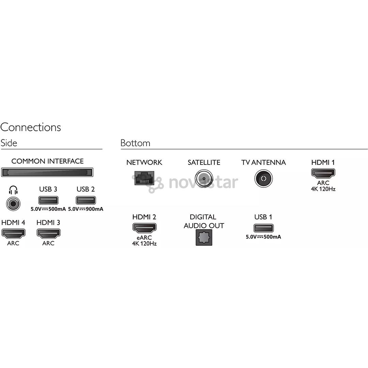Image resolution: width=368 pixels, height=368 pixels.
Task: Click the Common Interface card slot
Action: click(47, 172)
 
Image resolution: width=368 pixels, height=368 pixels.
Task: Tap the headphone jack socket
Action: click(13, 204)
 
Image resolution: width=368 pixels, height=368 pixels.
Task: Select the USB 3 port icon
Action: click(48, 200)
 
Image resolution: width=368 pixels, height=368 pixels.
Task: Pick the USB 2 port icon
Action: click(86, 200)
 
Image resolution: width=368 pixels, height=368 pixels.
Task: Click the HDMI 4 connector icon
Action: click(13, 233)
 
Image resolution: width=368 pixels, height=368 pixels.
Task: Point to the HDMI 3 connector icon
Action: click(49, 233)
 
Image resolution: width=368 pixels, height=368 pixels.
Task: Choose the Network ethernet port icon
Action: click(144, 178)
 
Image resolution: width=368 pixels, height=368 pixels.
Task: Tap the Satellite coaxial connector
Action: click(204, 179)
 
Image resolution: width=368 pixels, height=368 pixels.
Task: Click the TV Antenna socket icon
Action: click(263, 179)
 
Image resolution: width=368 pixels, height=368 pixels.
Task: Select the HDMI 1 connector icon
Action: click(323, 173)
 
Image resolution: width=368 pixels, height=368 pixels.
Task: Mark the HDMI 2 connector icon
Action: click(144, 228)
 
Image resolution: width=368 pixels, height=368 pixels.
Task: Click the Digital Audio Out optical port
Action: click(204, 237)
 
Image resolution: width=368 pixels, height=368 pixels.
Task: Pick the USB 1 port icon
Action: click(263, 228)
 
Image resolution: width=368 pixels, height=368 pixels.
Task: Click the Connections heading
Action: click(31, 127)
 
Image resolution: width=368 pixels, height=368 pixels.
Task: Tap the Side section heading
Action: click(9, 143)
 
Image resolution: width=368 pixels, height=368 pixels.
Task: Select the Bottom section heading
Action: click(135, 143)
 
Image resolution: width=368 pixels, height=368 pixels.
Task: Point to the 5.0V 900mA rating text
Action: click(86, 209)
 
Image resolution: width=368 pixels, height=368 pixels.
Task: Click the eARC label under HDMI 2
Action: click(144, 237)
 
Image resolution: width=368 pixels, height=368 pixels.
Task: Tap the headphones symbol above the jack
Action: click(13, 190)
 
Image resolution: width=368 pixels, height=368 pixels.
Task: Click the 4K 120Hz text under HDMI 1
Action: click(323, 189)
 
